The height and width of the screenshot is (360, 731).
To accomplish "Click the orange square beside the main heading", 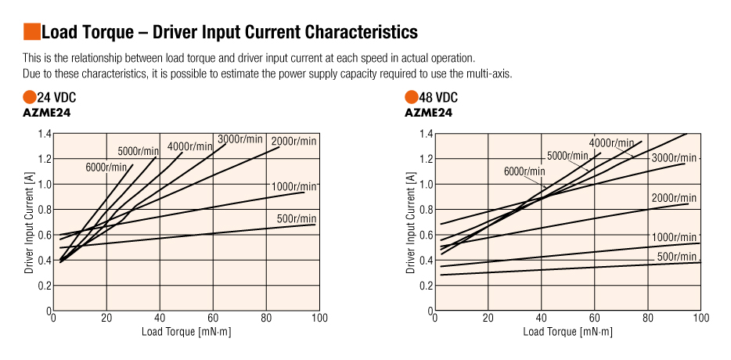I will (x=31, y=32).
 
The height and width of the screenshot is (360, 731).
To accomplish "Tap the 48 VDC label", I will (x=438, y=98).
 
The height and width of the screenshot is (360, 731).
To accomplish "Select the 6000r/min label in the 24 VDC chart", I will (x=106, y=167).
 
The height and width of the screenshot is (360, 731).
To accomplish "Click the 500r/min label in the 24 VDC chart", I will (x=297, y=218).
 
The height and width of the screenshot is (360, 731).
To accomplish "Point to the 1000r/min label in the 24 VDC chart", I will (x=293, y=186).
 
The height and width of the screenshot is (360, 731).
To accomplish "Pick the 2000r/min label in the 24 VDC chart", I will (x=293, y=141).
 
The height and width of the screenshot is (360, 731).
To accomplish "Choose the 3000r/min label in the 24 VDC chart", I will (x=240, y=139).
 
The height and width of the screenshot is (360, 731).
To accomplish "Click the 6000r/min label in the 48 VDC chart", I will (x=524, y=171).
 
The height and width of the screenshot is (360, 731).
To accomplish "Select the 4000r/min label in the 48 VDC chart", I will (x=611, y=142).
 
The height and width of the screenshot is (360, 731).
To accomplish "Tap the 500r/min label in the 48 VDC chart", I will (x=677, y=257).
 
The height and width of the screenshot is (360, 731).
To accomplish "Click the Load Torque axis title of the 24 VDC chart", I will (x=186, y=332).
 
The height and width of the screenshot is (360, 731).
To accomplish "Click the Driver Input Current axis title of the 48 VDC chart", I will (x=411, y=222).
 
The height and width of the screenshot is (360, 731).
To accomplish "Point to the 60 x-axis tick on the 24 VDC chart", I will (x=213, y=318).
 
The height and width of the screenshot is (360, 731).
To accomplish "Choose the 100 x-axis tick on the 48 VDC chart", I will (x=700, y=318).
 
